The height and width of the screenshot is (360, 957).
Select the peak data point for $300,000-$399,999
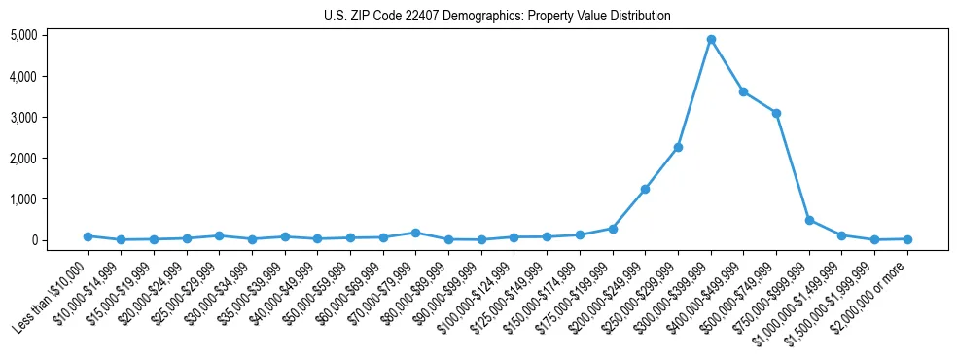tap(711, 40)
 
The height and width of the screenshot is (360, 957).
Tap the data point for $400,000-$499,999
tap(743, 91)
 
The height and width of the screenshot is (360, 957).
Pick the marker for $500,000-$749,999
tap(776, 113)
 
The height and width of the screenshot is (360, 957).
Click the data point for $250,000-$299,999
tap(678, 147)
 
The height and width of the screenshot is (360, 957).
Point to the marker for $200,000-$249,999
tap(645, 189)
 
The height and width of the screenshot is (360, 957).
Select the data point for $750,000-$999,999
tap(809, 220)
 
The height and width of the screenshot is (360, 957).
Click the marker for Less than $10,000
tap(88, 236)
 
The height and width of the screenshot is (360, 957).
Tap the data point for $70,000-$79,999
tap(415, 233)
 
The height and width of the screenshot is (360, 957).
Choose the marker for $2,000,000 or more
tap(907, 239)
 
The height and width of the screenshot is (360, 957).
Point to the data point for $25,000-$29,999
tap(219, 235)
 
